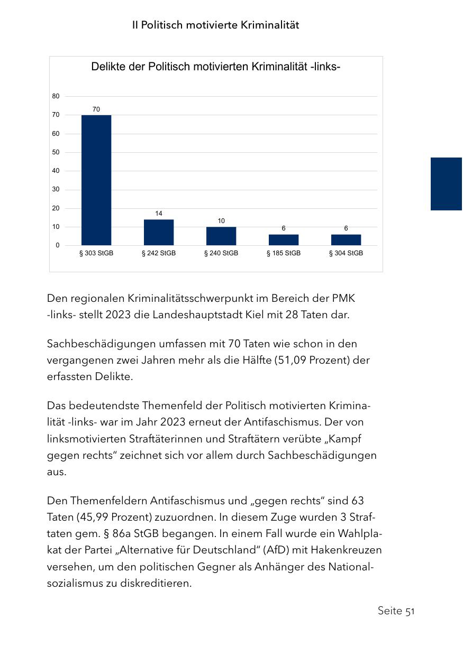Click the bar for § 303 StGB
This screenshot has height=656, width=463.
(96, 180)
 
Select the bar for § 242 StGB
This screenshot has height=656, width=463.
(159, 232)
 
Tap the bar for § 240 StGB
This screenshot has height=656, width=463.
(221, 236)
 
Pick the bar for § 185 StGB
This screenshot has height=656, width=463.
(284, 239)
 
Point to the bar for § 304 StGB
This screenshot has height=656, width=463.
(346, 239)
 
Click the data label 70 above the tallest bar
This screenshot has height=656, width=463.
(96, 109)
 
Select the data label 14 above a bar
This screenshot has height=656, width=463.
(159, 214)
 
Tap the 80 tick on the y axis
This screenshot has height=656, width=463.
(56, 96)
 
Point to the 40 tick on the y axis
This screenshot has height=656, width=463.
(56, 171)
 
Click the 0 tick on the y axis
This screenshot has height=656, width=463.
(57, 245)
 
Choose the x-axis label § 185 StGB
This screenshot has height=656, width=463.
(284, 253)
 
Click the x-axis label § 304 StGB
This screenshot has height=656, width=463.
(346, 253)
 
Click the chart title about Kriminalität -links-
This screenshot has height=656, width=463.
(215, 67)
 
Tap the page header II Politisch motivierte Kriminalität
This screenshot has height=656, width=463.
(215, 25)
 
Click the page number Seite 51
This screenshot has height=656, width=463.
(396, 611)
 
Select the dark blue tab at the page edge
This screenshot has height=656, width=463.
(446, 183)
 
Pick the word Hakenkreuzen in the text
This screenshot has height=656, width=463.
(347, 550)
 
